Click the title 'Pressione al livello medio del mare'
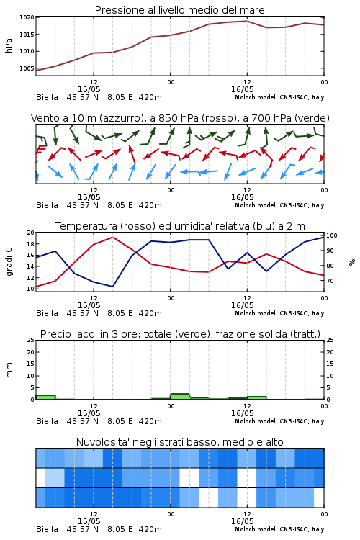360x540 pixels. [x=180, y=10]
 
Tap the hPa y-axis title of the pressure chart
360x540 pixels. [x=9, y=46]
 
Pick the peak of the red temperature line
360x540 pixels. [x=112, y=238]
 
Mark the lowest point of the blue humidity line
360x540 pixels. [x=112, y=286]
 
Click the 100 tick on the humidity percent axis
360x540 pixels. [x=331, y=235]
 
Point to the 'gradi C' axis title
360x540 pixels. [x=9, y=261]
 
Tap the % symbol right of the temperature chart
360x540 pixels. [x=352, y=262]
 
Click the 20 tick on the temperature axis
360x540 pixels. [x=31, y=233]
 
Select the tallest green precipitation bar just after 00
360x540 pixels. [x=180, y=397]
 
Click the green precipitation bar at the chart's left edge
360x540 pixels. [x=45, y=397]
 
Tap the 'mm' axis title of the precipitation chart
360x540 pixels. [x=9, y=370]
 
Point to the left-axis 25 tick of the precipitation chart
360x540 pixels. [x=31, y=340]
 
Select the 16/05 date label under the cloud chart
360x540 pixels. [x=243, y=521]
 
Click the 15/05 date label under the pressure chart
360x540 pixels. [x=89, y=89]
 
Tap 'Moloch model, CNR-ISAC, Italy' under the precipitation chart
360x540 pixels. [x=279, y=421]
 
